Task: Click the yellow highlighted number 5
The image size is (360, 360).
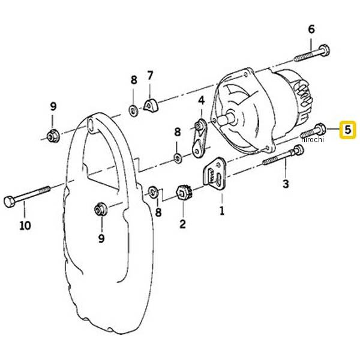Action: click(x=348, y=130)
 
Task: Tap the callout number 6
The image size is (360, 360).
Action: click(x=311, y=29)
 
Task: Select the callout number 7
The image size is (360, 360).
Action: click(x=150, y=76)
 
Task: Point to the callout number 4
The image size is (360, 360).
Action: click(x=201, y=100)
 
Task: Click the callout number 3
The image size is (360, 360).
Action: click(x=286, y=184)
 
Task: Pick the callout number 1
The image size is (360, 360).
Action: click(x=222, y=210)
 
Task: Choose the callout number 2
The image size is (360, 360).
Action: click(x=182, y=224)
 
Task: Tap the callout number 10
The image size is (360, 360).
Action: click(x=25, y=226)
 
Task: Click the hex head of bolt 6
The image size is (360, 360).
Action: click(x=324, y=50)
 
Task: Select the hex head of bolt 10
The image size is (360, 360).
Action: click(x=10, y=202)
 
